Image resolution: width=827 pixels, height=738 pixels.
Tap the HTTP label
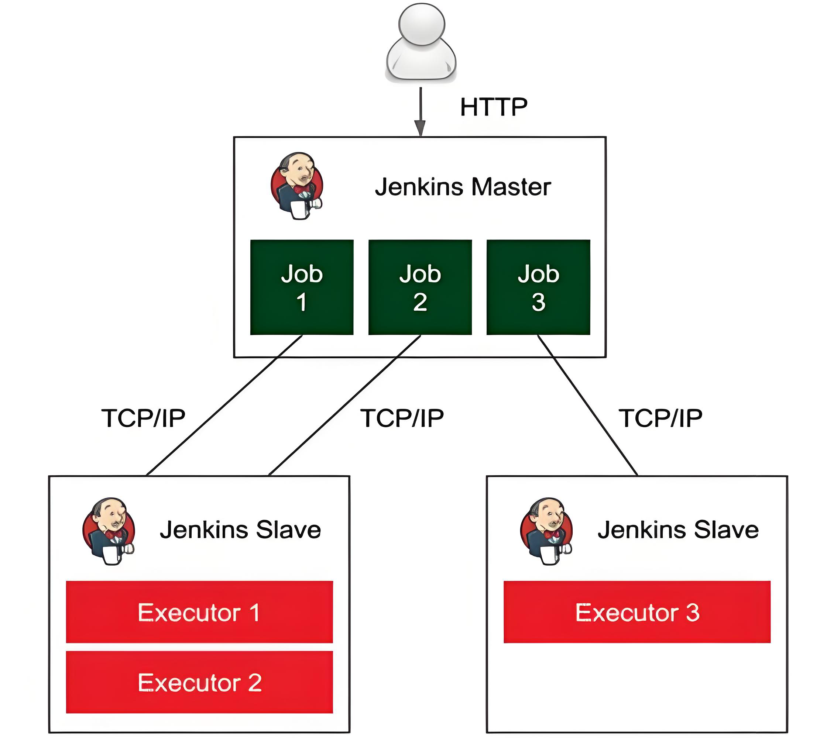[494, 107]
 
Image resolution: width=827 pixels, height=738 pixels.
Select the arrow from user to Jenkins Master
[421, 111]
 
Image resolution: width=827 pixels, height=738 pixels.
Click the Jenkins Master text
[463, 187]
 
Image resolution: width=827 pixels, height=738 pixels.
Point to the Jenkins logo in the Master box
[297, 186]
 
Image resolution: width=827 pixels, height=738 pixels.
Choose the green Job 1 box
[302, 287]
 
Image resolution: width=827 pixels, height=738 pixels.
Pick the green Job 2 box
[420, 287]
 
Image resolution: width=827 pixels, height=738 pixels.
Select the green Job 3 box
[538, 287]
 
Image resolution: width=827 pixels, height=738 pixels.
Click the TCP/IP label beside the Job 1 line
[143, 418]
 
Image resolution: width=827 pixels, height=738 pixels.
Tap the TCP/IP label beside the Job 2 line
[402, 418]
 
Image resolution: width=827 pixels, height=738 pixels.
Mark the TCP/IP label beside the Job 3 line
[660, 418]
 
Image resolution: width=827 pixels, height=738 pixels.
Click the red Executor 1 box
[199, 612]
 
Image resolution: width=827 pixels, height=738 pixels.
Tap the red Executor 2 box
[199, 682]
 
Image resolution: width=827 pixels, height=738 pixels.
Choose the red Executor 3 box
[637, 612]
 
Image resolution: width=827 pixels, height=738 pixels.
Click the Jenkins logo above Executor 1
[109, 531]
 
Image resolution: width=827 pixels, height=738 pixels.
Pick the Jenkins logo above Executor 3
[546, 531]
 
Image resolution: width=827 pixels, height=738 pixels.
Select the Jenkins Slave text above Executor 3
[678, 530]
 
